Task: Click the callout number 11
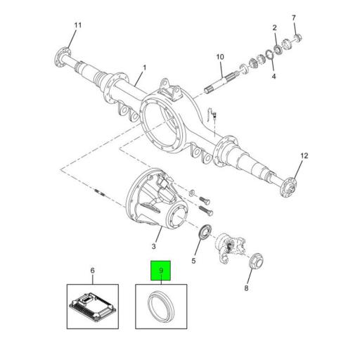[x=77, y=26]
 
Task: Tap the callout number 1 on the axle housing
[x=144, y=68]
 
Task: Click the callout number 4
[x=274, y=75]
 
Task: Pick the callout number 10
[x=219, y=56]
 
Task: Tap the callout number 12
[x=304, y=155]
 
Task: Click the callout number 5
[x=195, y=261]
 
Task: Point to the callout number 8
[x=246, y=288]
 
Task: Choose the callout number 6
[x=91, y=270]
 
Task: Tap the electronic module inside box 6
[x=91, y=305]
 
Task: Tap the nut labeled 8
[x=257, y=260]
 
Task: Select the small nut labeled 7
[x=297, y=37]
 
